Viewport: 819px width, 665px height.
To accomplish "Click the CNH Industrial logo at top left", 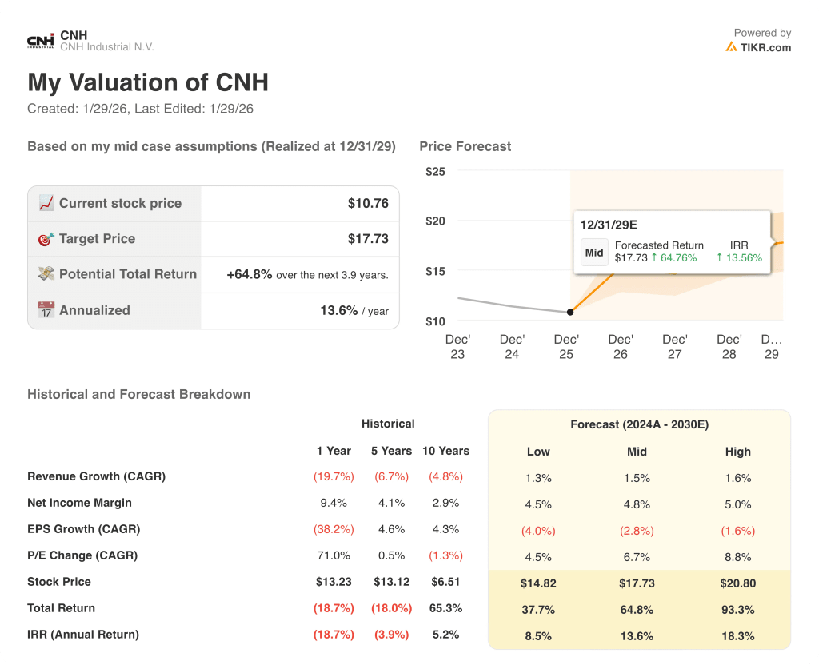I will (x=41, y=41).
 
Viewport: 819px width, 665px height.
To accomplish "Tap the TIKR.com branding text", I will (x=765, y=47).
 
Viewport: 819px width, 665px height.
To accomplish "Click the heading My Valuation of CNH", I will (x=148, y=82).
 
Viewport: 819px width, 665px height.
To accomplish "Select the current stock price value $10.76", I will (x=368, y=203).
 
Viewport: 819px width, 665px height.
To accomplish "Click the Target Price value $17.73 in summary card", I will (x=368, y=238).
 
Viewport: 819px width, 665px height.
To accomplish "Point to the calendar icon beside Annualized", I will (x=46, y=310).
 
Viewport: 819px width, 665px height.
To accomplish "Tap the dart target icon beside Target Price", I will (x=46, y=238).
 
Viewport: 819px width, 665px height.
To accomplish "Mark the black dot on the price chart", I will (x=569, y=312).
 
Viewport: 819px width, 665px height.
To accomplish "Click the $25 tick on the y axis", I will (x=436, y=171).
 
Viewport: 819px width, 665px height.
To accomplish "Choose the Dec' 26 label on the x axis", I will (x=621, y=346).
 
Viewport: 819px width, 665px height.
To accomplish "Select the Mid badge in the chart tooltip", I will (x=594, y=253).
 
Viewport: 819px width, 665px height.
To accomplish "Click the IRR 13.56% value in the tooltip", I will (x=739, y=257).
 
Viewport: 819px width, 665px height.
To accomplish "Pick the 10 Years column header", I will (x=445, y=451).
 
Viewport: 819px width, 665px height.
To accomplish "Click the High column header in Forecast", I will (x=737, y=452).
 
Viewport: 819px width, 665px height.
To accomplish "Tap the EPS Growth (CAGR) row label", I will (x=83, y=529).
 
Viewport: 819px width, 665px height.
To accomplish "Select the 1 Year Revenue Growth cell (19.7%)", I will (x=334, y=476).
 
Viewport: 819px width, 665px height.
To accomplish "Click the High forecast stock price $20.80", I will (x=737, y=583).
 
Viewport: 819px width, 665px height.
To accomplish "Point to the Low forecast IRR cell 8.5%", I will (x=538, y=636).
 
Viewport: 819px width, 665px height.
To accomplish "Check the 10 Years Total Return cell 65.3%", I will (x=445, y=608).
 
